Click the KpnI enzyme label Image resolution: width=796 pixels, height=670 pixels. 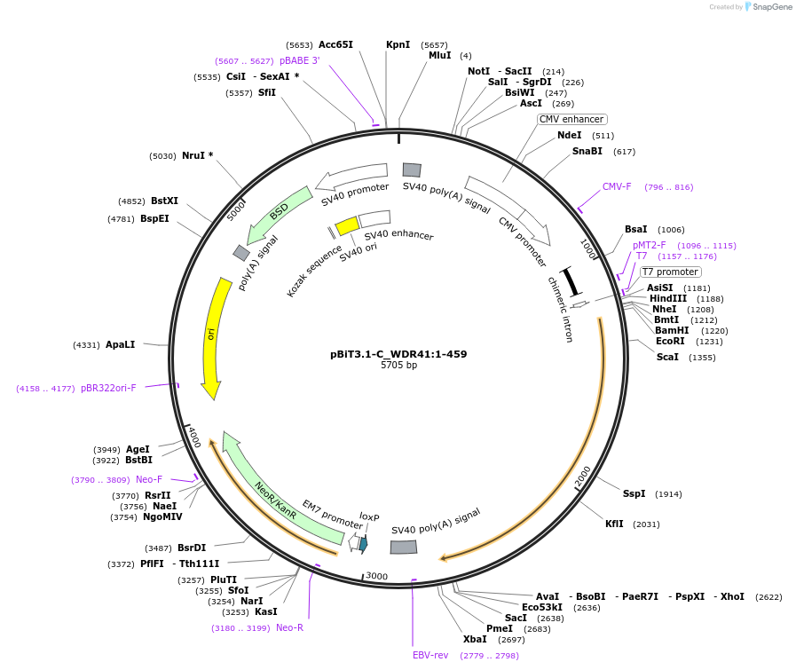click(398, 44)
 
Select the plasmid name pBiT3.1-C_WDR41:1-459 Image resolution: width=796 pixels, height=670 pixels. click(398, 354)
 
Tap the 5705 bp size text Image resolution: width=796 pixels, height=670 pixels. click(398, 365)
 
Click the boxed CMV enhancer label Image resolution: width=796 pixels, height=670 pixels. click(571, 119)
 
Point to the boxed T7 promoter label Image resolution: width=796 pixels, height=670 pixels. click(670, 272)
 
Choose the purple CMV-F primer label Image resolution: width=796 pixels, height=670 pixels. click(617, 186)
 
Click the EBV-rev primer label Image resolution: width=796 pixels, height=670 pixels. click(430, 655)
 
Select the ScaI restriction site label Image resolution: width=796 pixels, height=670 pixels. click(667, 357)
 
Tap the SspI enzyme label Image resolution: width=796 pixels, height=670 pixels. click(634, 493)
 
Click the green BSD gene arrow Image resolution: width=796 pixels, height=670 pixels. click(279, 214)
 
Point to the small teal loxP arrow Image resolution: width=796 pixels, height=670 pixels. click(363, 544)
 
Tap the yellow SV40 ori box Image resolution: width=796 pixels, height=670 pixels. click(346, 226)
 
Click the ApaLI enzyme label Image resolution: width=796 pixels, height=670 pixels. click(120, 344)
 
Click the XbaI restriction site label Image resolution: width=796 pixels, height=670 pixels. click(475, 639)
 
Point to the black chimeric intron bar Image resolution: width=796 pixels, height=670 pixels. click(571, 281)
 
